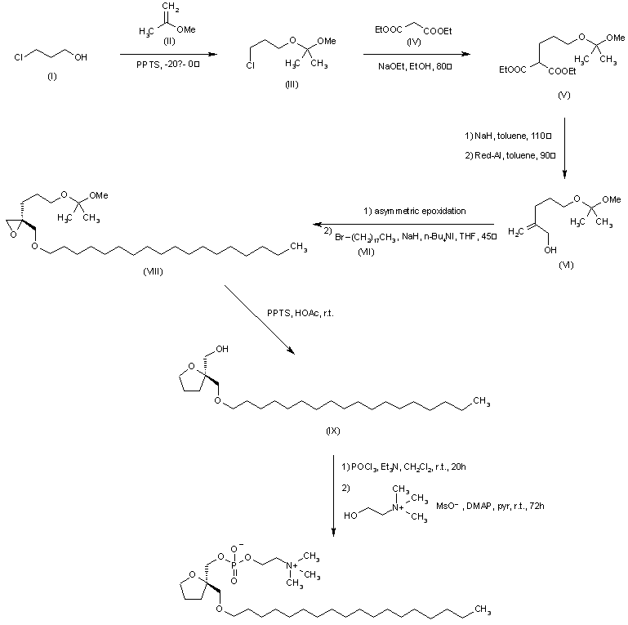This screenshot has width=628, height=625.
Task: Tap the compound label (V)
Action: tap(564, 96)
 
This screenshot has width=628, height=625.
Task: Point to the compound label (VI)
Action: tap(566, 266)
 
